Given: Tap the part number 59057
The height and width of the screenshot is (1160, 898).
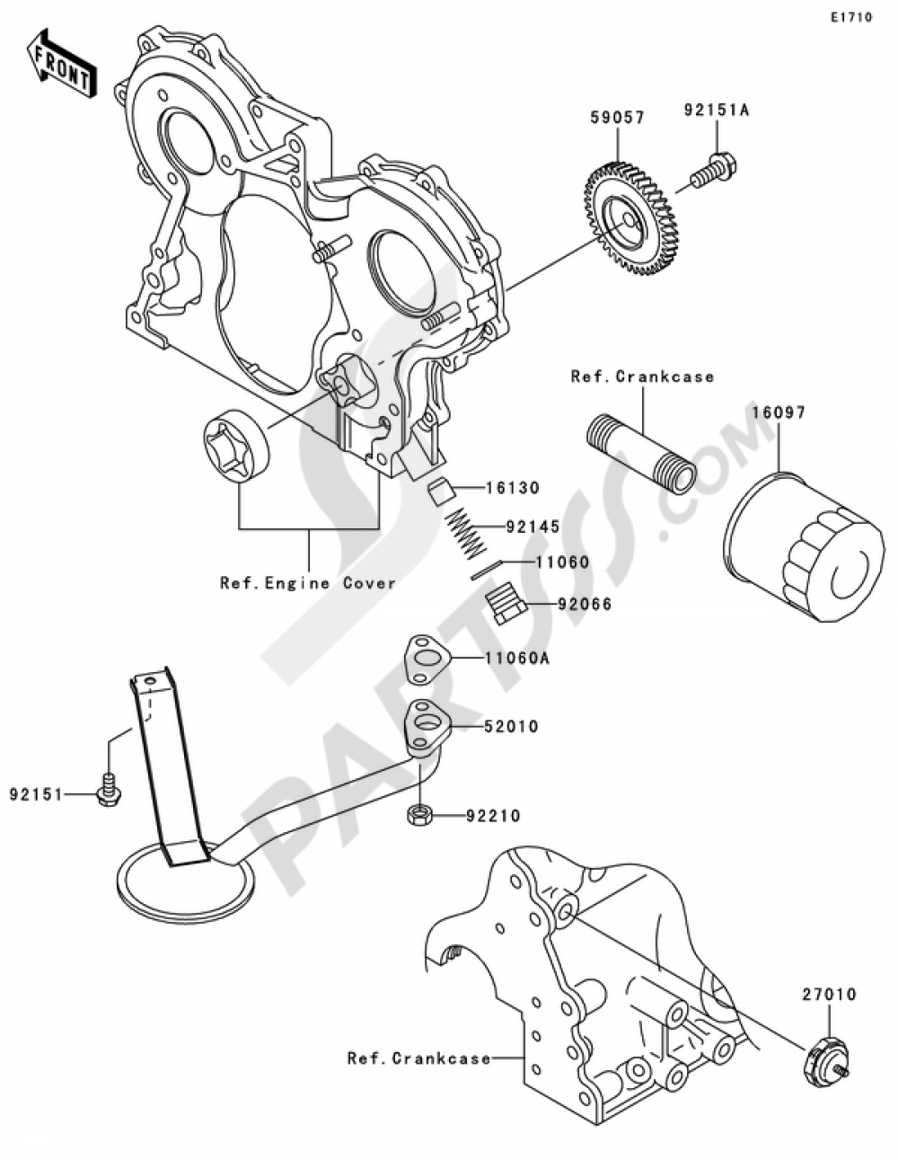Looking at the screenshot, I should click(617, 118).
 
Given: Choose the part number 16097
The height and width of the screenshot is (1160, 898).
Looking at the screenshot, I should click(779, 412).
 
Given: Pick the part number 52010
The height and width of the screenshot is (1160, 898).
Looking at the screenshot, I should click(512, 726).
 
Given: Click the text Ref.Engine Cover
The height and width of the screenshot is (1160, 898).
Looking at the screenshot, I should click(308, 583).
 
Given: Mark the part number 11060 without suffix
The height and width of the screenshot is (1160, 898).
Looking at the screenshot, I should click(562, 562).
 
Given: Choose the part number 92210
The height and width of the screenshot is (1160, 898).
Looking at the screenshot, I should click(493, 816).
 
